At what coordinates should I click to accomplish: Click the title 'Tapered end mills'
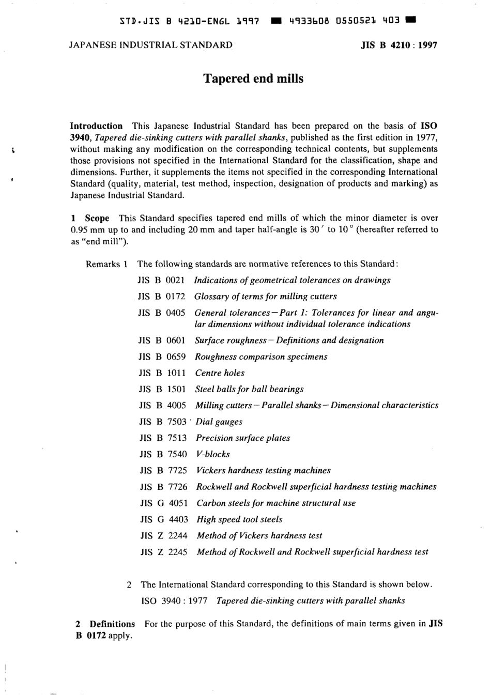click(253, 79)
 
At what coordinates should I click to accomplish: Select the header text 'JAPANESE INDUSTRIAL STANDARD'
click(150, 45)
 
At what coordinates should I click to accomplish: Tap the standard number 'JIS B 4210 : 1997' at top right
click(398, 45)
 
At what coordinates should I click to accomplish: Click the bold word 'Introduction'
click(96, 126)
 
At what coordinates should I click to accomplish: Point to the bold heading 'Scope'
click(97, 218)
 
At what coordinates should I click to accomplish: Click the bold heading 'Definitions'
click(112, 624)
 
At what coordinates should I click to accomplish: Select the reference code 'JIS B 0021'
click(161, 280)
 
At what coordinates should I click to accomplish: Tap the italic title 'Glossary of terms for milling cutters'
click(265, 297)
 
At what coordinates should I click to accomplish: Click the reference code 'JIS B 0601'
click(162, 341)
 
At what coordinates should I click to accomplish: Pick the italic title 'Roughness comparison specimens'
click(261, 357)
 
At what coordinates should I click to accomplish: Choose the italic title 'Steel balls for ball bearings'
click(249, 389)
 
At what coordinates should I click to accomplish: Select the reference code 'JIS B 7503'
click(162, 422)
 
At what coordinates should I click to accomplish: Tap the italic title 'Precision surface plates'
click(242, 438)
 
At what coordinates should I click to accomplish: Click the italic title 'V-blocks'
click(213, 454)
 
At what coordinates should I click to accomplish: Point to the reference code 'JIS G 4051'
click(163, 503)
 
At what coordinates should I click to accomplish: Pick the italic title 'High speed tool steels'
click(239, 519)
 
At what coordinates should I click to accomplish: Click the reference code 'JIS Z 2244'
click(163, 535)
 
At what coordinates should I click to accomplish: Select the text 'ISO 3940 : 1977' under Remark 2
click(174, 600)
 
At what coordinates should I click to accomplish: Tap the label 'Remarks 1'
click(106, 264)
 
